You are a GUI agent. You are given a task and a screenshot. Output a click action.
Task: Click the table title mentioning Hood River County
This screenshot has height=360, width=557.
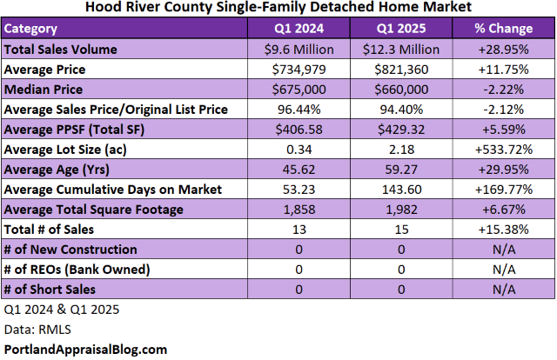[x=278, y=8]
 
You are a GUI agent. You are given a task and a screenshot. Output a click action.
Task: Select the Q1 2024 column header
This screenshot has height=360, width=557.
[x=299, y=29]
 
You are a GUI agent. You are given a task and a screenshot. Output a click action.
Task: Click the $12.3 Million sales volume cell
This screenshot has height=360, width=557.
[x=400, y=49]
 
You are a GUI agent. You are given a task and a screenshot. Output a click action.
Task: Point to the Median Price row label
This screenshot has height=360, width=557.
[x=44, y=89]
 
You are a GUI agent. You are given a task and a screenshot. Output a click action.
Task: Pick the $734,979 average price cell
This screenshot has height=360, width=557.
[x=299, y=69]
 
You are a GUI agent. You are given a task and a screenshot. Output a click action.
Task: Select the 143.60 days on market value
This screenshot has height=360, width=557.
[x=400, y=189]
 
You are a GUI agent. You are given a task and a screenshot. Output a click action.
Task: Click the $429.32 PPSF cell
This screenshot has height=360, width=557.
[x=400, y=129]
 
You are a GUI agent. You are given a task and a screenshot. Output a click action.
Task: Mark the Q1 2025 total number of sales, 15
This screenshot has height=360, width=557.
[x=400, y=229]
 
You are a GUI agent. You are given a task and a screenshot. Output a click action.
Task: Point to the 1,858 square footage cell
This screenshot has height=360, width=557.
[x=299, y=209]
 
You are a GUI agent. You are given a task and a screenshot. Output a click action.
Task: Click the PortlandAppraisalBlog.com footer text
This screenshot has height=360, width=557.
[x=85, y=350]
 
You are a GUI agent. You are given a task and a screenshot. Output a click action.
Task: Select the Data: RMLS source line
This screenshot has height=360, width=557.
[x=33, y=329]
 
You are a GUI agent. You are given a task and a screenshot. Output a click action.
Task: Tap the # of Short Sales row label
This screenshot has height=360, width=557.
[x=50, y=289]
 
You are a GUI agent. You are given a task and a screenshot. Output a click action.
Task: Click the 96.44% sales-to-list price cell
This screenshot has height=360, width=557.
[x=299, y=109]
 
